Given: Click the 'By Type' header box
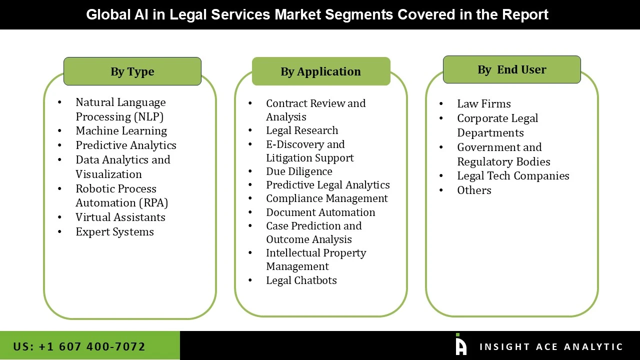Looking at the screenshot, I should [132, 71].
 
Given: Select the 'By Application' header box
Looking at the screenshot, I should [320, 71].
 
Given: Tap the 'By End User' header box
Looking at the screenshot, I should [511, 69].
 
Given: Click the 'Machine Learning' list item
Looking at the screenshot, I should [121, 131].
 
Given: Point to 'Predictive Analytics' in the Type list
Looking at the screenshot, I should [126, 145].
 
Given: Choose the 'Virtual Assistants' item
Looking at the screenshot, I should [120, 217].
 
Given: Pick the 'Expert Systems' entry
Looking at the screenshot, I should [114, 232].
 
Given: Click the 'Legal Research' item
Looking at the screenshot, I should [302, 130].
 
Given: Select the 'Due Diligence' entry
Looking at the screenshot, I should [299, 171].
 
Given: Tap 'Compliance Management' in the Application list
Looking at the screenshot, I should [327, 198].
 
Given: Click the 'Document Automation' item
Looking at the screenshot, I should [320, 212].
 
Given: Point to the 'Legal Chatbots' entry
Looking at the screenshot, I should [301, 280].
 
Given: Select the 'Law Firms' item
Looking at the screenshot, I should [484, 104].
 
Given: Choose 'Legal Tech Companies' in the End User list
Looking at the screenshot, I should [513, 176].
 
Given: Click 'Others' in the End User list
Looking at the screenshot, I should [474, 190].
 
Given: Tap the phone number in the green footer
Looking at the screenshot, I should [79, 346].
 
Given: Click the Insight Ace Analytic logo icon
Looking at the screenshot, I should [460, 345].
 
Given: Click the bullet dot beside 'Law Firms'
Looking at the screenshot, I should [441, 104].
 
